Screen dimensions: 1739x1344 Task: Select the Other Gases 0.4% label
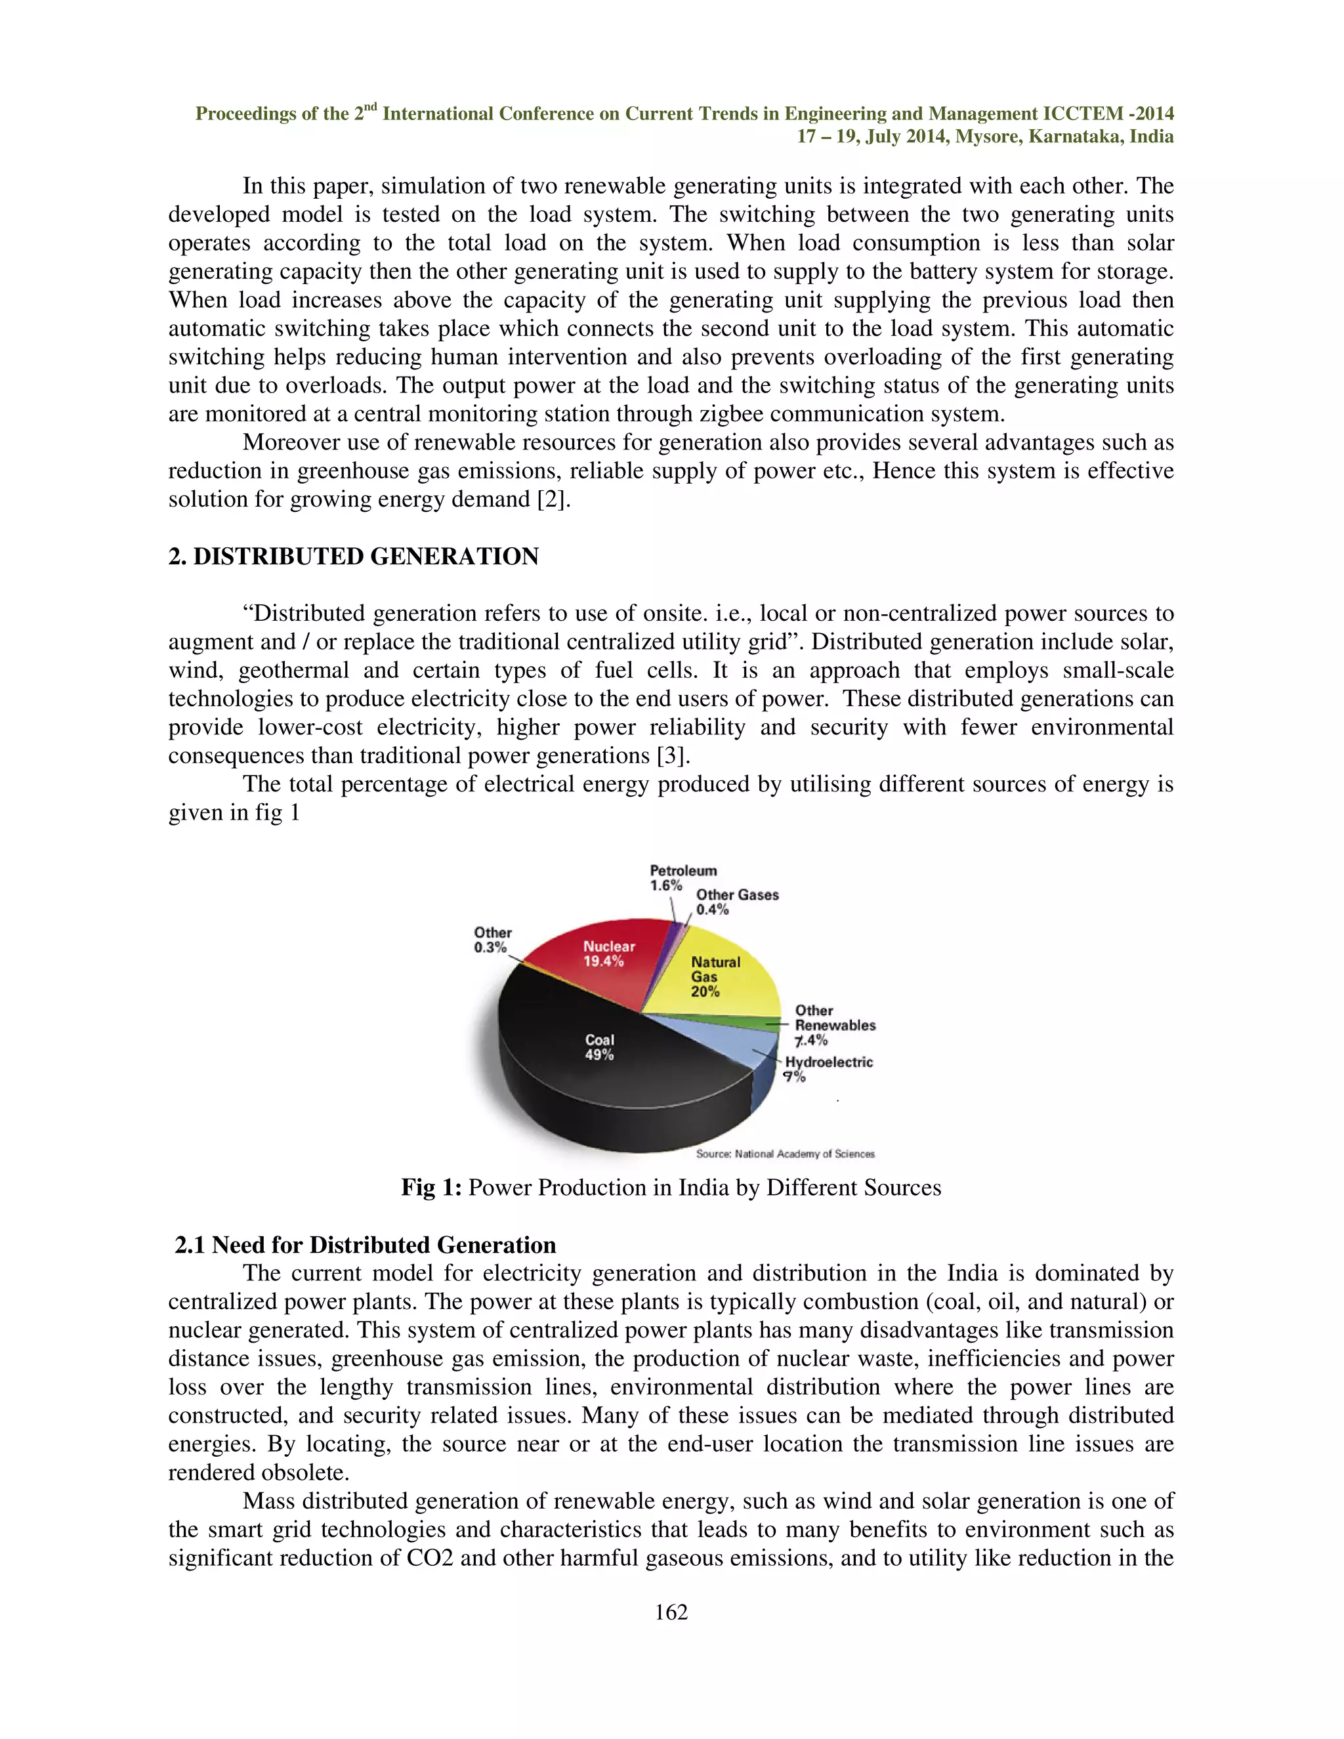point(736,902)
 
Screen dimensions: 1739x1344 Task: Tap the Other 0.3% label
point(492,940)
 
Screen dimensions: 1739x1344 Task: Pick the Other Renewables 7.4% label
point(835,1025)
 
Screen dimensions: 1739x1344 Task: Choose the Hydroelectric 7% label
point(828,1068)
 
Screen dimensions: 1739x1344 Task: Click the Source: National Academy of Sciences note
point(784,1154)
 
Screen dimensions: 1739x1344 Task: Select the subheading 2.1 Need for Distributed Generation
point(365,1244)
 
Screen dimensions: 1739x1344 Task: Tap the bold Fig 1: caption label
point(430,1187)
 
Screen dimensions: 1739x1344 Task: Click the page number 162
point(671,1612)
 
